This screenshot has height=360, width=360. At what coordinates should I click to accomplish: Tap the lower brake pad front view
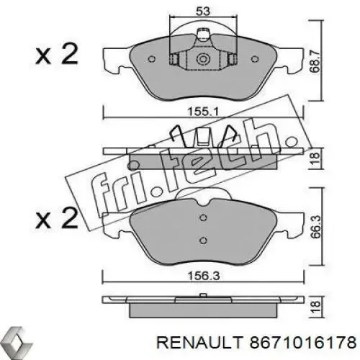pos(202,230)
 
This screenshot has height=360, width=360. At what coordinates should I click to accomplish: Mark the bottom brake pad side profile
pos(202,305)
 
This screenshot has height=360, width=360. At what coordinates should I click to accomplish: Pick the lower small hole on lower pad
pos(203,240)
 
